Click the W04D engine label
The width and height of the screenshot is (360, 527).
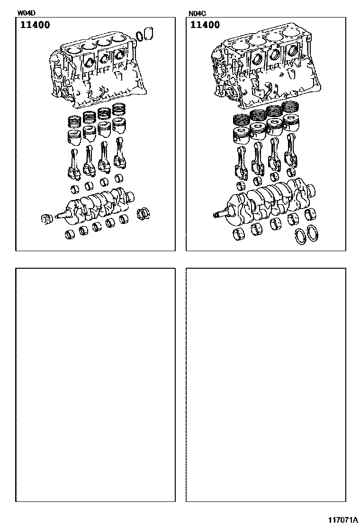pyautogui.click(x=27, y=13)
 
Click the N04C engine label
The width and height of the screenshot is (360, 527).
pyautogui.click(x=197, y=13)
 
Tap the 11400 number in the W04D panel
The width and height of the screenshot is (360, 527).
pyautogui.click(x=35, y=25)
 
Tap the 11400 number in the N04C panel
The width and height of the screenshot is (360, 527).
pyautogui.click(x=205, y=25)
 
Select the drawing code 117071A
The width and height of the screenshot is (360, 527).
pyautogui.click(x=343, y=520)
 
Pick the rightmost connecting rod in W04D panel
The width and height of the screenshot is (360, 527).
pyautogui.click(x=120, y=153)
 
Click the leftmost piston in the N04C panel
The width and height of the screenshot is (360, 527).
pyautogui.click(x=242, y=136)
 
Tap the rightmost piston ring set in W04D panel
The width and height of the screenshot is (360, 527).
pyautogui.click(x=119, y=110)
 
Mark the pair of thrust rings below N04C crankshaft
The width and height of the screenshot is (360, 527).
pyautogui.click(x=306, y=235)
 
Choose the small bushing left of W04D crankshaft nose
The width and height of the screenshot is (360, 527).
pyautogui.click(x=47, y=219)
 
